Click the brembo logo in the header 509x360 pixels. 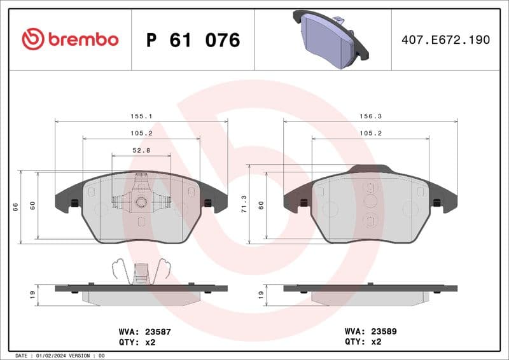[70, 39]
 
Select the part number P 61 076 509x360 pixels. [193, 40]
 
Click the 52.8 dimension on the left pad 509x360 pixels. [141, 151]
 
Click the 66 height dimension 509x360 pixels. [15, 207]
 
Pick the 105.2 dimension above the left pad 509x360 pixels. [141, 134]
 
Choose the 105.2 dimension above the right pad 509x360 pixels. [370, 134]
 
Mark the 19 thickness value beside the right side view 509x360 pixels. [261, 294]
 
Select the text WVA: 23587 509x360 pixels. [145, 331]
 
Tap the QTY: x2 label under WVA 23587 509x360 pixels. [137, 342]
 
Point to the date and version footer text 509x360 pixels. [59, 356]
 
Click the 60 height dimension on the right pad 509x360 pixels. [261, 205]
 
